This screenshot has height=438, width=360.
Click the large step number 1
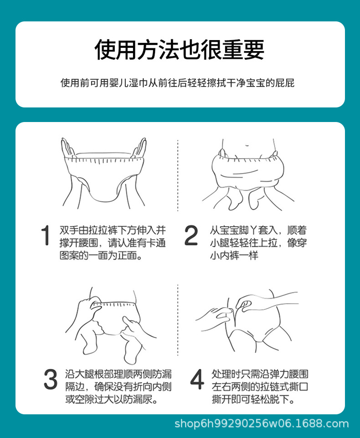pyautogui.click(x=45, y=235)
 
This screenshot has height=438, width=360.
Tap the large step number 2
pyautogui.click(x=191, y=235)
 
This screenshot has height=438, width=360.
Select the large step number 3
pyautogui.click(x=51, y=379)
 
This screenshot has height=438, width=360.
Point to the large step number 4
pyautogui.click(x=197, y=379)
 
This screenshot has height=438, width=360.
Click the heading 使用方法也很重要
pyautogui.click(x=180, y=50)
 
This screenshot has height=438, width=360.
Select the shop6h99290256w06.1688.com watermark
pyautogui.click(x=262, y=424)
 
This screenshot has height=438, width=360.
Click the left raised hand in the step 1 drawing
pyautogui.click(x=67, y=148)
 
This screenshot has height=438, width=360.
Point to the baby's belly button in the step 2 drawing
pyautogui.click(x=247, y=145)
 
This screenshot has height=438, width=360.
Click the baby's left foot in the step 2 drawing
pyautogui.click(x=236, y=199)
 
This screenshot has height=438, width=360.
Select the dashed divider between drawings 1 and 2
pyautogui.click(x=178, y=175)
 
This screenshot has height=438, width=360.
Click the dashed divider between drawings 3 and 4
pyautogui.click(x=178, y=320)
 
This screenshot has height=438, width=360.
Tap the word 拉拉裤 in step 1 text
pyautogui.click(x=103, y=230)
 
